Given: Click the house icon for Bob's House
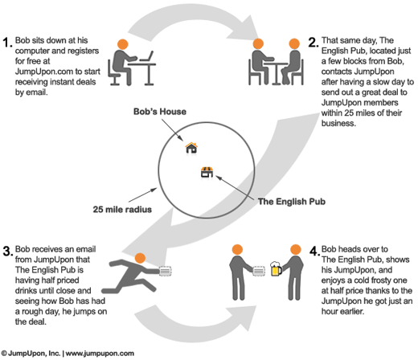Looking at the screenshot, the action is pyautogui.click(x=191, y=148).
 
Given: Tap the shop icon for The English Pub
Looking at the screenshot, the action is pyautogui.click(x=207, y=172).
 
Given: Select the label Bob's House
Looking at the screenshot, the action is pyautogui.click(x=160, y=112).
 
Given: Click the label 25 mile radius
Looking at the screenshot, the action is pyautogui.click(x=122, y=209).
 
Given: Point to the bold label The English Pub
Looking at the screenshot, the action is pyautogui.click(x=292, y=201).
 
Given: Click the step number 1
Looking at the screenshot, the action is pyautogui.click(x=7, y=43).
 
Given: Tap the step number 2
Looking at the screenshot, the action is pyautogui.click(x=313, y=43).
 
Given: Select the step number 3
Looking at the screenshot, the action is pyautogui.click(x=8, y=252).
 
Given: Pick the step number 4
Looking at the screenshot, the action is pyautogui.click(x=314, y=252).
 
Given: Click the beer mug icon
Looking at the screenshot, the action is pyautogui.click(x=276, y=268).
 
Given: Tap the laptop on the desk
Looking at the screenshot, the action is pyautogui.click(x=146, y=56).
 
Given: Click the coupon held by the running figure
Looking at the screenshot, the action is pyautogui.click(x=165, y=271).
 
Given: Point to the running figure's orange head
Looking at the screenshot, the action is pyautogui.click(x=140, y=258).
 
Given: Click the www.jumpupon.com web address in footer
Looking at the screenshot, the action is pyautogui.click(x=100, y=354).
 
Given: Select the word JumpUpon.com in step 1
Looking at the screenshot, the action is pyautogui.click(x=44, y=72).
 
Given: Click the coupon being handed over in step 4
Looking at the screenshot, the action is pyautogui.click(x=259, y=271).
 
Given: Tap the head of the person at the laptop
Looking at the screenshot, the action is pyautogui.click(x=123, y=44).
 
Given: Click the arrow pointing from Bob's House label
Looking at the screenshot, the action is pyautogui.click(x=173, y=130).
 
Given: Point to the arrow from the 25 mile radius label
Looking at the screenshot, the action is pyautogui.click(x=143, y=194).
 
